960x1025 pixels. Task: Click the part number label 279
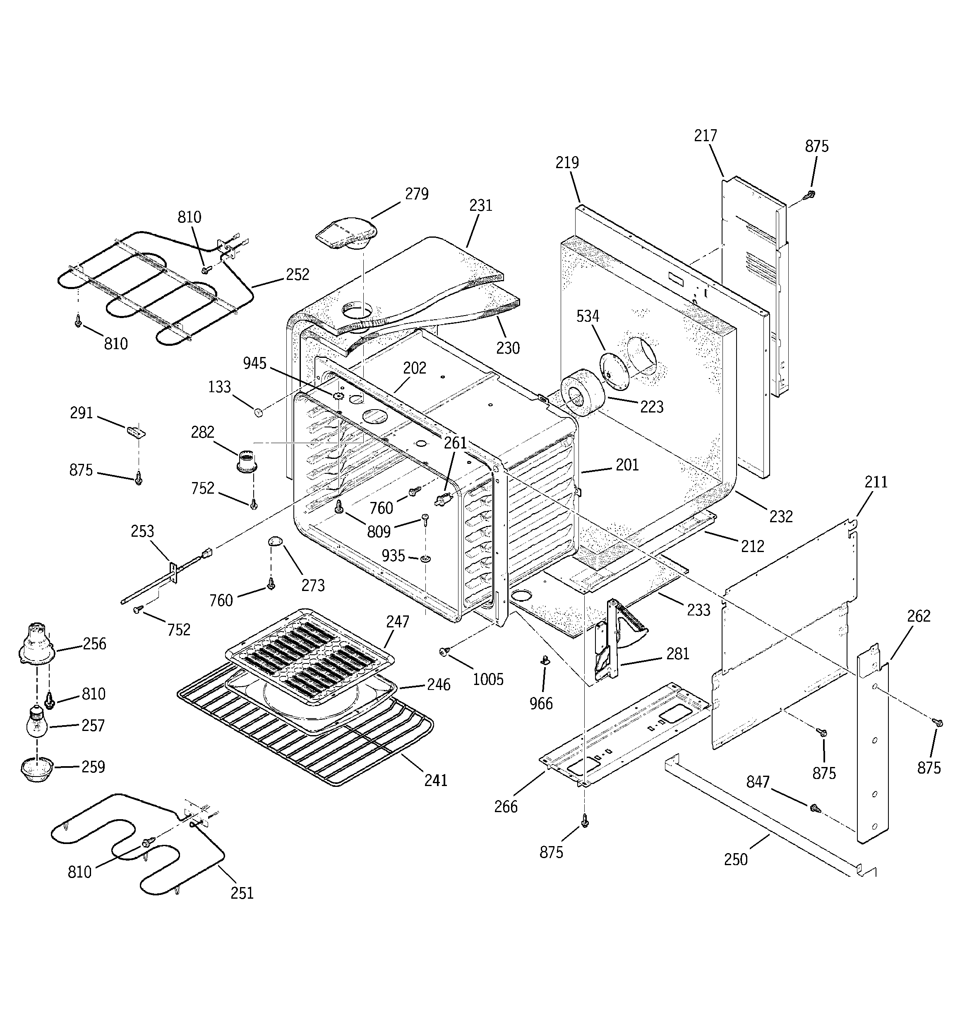coord(416,194)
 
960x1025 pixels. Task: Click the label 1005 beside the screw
coord(487,679)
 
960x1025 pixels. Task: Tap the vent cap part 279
coord(345,234)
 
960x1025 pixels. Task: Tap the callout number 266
coord(506,806)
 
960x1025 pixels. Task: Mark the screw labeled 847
coord(815,808)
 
